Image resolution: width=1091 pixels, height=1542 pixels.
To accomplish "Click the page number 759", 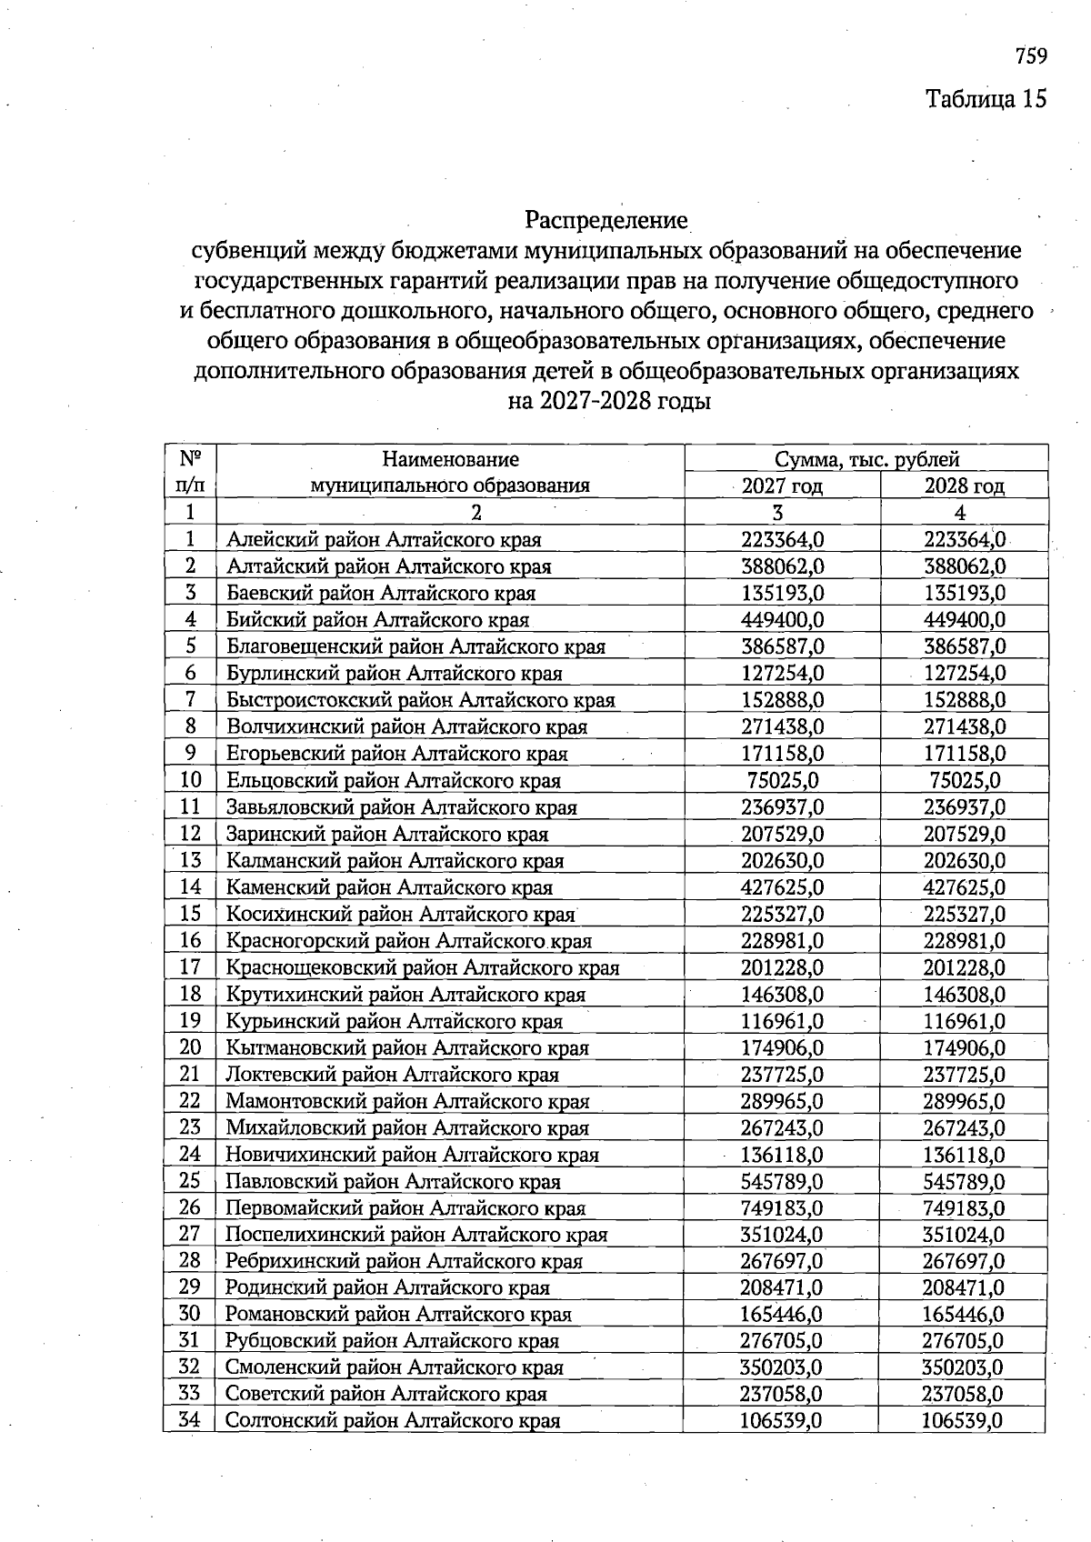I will click(x=1031, y=56).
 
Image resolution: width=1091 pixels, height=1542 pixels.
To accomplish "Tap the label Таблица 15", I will click(x=986, y=98).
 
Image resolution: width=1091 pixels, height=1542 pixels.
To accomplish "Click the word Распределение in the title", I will click(x=606, y=220).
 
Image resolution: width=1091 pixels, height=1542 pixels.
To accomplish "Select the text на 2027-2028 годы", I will click(x=608, y=401).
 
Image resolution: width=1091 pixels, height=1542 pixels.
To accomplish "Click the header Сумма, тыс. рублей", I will click(x=866, y=459).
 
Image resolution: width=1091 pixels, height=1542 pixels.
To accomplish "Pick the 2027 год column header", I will click(x=782, y=486).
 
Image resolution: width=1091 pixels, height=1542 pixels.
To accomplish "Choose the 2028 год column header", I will click(x=964, y=486).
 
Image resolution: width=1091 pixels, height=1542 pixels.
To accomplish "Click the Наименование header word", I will click(x=450, y=459).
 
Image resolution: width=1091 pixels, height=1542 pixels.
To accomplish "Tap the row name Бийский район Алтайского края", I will click(x=377, y=620).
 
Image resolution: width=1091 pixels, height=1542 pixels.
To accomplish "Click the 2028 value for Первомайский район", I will click(x=964, y=1208).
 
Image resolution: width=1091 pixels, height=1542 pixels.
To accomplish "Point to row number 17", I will click(x=190, y=967).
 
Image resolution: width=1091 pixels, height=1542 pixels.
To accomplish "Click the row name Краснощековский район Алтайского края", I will click(x=422, y=967).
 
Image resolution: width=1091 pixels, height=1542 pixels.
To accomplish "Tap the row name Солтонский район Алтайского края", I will click(x=393, y=1421).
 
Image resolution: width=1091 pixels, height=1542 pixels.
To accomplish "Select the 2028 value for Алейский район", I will click(x=964, y=540).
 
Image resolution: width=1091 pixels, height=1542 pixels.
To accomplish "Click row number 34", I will click(x=189, y=1420).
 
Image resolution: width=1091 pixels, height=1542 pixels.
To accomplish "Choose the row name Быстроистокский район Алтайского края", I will click(x=421, y=700).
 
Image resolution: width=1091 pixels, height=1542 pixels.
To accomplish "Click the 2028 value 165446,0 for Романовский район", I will click(x=964, y=1315).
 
